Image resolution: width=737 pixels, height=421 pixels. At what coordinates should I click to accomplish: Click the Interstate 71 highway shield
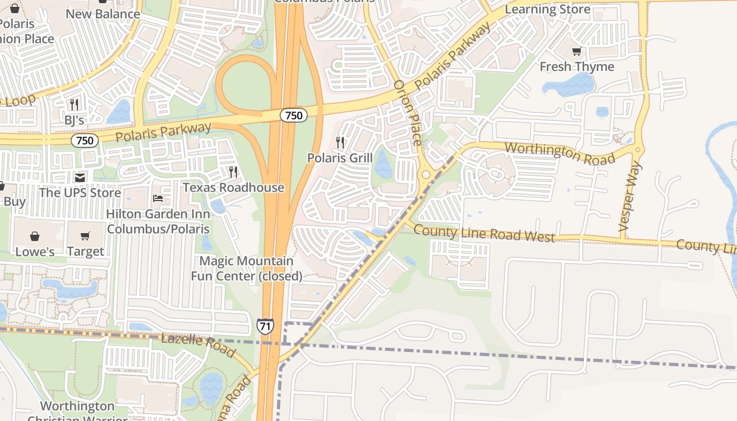(265, 326)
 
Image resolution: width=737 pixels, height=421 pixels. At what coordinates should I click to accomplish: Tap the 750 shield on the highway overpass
(293, 115)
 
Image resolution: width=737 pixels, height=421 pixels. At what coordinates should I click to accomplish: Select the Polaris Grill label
(340, 158)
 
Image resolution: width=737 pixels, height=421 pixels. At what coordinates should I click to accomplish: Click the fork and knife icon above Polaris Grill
(340, 142)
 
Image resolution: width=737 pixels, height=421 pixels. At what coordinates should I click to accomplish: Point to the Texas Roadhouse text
(233, 187)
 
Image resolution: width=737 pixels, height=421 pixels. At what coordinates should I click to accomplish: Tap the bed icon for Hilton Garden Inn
(157, 198)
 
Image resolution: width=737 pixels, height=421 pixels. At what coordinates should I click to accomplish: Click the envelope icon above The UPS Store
(80, 178)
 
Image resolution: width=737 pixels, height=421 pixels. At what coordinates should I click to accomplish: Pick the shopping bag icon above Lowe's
(35, 236)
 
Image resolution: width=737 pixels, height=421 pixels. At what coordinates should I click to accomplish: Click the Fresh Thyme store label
(577, 67)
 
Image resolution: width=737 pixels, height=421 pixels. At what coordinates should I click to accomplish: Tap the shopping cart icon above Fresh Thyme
(577, 51)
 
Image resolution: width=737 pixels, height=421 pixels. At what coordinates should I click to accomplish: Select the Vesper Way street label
(631, 197)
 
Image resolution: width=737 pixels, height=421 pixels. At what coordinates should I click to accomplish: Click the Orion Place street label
(408, 113)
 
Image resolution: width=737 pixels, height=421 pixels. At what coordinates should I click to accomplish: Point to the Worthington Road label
(560, 153)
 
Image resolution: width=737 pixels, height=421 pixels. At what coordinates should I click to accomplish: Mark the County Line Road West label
(484, 233)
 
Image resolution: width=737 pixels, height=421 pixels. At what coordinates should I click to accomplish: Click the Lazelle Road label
(198, 345)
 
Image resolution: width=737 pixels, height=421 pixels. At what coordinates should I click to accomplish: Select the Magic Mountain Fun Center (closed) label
(246, 268)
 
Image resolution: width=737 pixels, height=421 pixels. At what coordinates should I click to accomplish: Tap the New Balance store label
(103, 14)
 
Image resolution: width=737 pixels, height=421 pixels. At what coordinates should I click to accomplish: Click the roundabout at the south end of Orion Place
(425, 174)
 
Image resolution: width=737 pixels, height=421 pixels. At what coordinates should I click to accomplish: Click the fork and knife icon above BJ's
(74, 104)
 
